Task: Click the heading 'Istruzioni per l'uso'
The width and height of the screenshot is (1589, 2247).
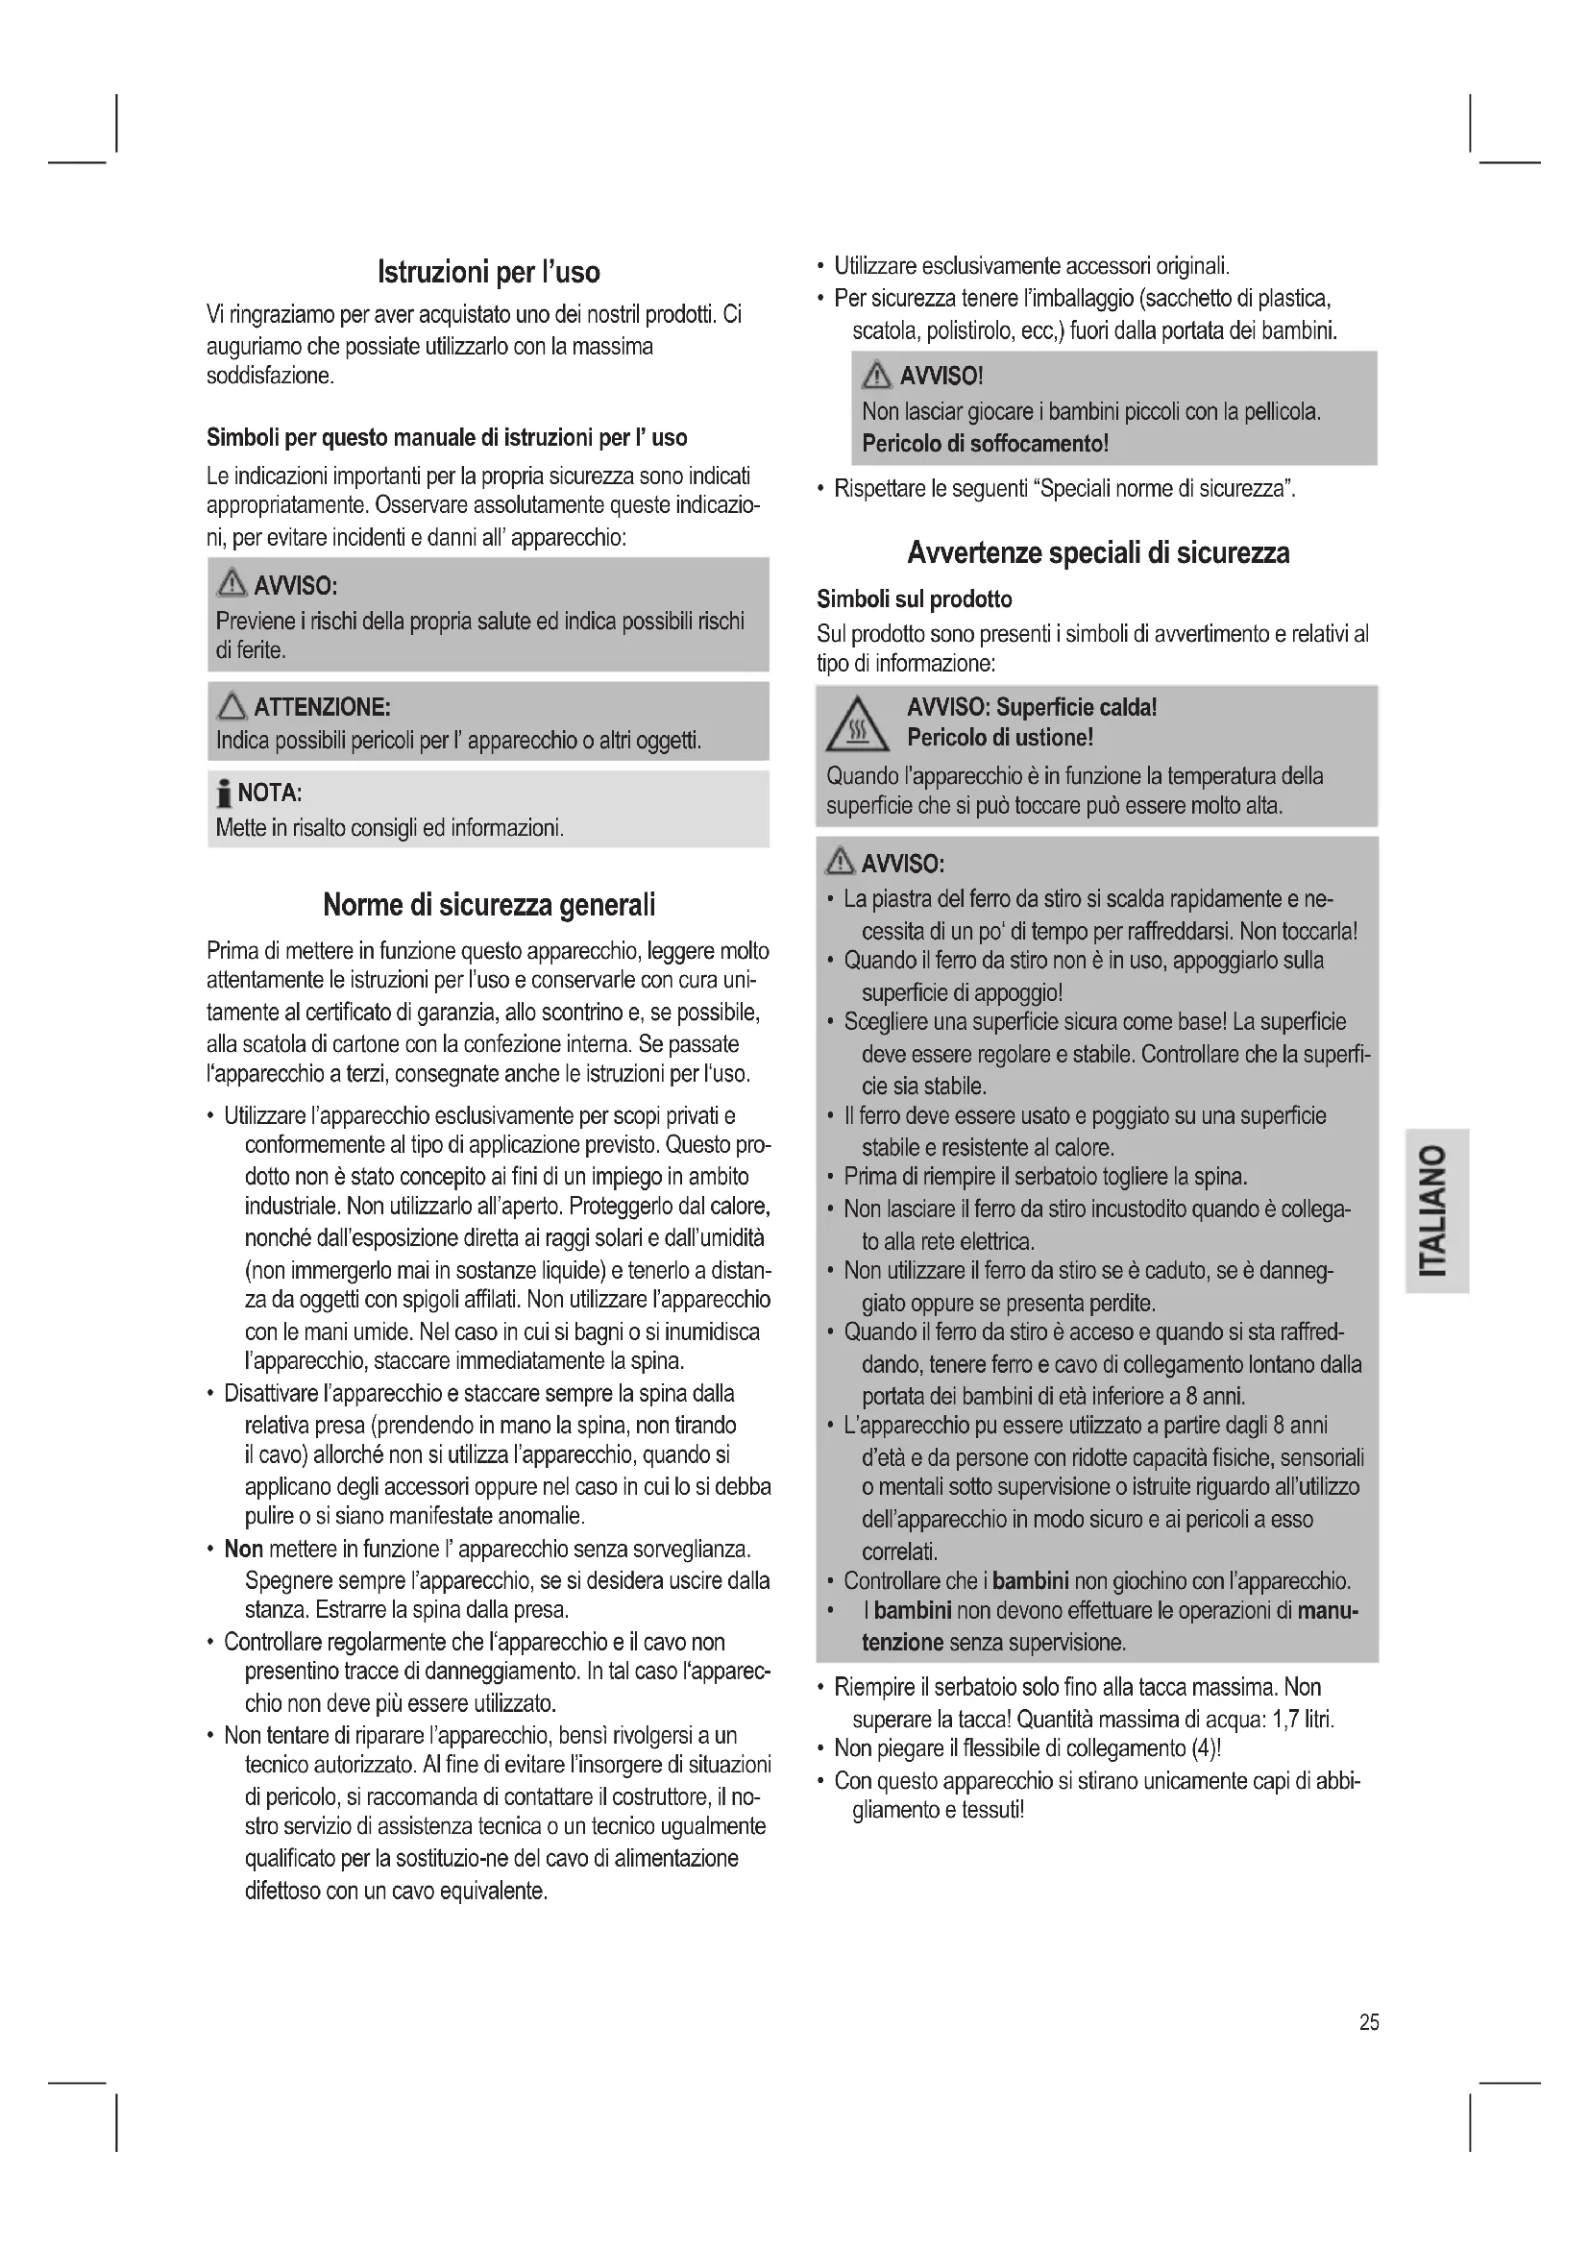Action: coord(488,272)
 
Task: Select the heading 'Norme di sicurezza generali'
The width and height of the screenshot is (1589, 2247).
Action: coord(488,905)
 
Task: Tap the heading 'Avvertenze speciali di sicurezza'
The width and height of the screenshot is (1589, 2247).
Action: coord(1098,553)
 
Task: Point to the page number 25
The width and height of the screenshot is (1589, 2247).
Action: coord(1369,2023)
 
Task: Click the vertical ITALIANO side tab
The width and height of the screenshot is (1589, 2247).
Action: coord(1435,1210)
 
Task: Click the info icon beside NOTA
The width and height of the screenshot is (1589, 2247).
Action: coord(224,793)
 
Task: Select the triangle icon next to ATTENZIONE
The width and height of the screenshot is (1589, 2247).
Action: coord(232,706)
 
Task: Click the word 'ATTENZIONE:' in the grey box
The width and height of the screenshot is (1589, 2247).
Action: coord(322,707)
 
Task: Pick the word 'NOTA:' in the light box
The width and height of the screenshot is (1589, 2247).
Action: coord(269,793)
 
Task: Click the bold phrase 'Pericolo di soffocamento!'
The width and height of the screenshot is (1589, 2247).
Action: coord(985,443)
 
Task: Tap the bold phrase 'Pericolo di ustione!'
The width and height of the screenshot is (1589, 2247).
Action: coord(999,737)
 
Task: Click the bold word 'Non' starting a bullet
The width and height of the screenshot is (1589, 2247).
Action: coord(244,1550)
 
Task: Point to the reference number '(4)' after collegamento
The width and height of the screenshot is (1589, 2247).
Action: coord(1204,1748)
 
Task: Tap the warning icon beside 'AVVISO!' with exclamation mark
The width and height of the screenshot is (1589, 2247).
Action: coord(877,376)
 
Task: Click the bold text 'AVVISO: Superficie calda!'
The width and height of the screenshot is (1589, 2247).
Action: coord(1031,708)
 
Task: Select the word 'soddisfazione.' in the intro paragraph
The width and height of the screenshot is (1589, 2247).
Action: coord(270,377)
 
